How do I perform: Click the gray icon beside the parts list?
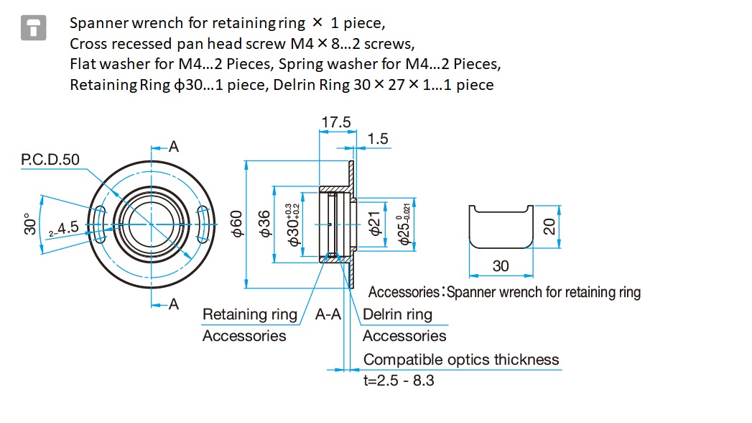34,28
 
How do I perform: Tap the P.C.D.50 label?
50,160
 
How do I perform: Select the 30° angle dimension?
29,224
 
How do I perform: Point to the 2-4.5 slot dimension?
64,229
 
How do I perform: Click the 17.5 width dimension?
335,122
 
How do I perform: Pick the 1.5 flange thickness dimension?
378,139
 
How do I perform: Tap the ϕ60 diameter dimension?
237,224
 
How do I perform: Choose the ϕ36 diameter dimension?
264,224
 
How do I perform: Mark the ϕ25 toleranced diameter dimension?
404,224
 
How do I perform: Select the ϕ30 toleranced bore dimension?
293,224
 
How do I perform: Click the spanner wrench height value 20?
549,226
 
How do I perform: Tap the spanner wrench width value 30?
500,266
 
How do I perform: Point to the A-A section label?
328,314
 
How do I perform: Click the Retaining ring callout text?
250,314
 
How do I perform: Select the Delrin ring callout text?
398,314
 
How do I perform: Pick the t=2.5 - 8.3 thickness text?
399,381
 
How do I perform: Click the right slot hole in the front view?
202,224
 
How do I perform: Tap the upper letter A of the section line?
174,147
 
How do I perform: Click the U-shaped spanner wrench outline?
501,247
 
